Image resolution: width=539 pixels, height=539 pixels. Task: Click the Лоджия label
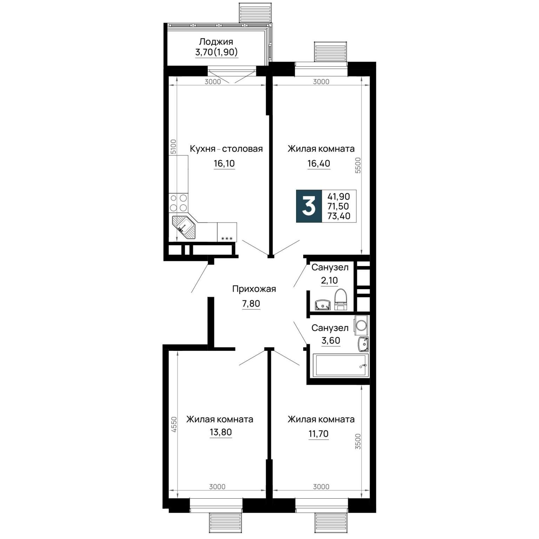pos(216,42)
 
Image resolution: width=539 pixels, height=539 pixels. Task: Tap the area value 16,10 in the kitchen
pos(224,163)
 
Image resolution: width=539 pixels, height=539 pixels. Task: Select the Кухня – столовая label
pos(226,149)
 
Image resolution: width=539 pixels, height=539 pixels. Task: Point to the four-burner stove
pos(178,202)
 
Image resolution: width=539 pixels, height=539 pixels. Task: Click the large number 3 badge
pos(309,206)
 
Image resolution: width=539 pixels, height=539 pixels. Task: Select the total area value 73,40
pos(339,216)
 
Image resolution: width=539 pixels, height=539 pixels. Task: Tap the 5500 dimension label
pos(358,165)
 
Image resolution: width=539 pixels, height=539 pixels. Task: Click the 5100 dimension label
pos(173,147)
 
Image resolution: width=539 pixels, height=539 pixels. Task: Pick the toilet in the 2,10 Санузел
pos(340,300)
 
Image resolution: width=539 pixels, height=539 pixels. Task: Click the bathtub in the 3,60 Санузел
pos(340,365)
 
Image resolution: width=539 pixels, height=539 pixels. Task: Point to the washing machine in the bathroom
pos(361,325)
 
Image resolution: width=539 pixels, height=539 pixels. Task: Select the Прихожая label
pos(254,289)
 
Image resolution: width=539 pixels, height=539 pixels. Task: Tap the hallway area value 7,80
pos(251,304)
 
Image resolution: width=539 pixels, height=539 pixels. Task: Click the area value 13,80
pos(221,432)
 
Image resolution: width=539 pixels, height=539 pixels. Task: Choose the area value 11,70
pos(319,434)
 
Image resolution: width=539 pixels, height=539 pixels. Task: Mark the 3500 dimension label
pos(358,441)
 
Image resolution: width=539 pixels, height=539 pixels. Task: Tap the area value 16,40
pos(319,163)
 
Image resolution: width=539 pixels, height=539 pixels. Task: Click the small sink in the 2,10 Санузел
pos(322,305)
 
